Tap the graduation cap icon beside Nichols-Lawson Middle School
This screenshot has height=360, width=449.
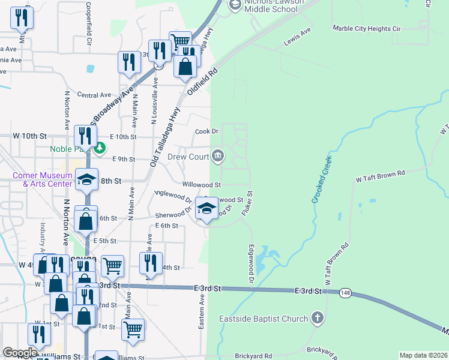[x=235, y=5]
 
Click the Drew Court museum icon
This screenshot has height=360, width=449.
[x=218, y=157]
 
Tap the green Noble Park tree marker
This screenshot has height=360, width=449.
[x=101, y=146]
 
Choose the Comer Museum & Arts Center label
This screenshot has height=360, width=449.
[x=42, y=179]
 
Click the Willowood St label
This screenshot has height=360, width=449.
[x=202, y=185]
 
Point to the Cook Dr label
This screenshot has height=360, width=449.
[x=206, y=131]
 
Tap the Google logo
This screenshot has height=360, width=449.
[x=20, y=353]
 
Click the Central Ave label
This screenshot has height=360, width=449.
[x=94, y=95]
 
